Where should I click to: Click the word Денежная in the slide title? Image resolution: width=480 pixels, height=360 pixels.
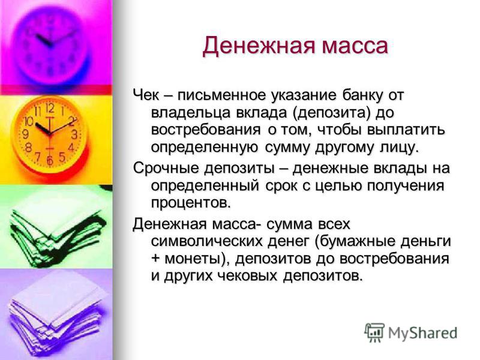[x=259, y=46]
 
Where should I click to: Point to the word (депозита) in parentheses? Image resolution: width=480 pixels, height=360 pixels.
[x=331, y=113]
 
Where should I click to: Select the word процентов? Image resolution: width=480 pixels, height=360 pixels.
[x=191, y=203]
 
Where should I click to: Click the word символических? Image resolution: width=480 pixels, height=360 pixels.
[x=208, y=242]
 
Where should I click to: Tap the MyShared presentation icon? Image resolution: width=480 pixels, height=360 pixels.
[x=374, y=332]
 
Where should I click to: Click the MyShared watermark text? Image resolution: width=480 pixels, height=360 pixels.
[x=423, y=333]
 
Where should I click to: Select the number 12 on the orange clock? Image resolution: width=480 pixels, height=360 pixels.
[x=50, y=108]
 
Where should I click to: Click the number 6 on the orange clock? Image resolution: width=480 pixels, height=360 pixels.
[x=50, y=160]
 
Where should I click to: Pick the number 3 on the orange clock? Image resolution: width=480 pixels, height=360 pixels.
[x=74, y=134]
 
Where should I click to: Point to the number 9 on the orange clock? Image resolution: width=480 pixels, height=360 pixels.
[x=26, y=134]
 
